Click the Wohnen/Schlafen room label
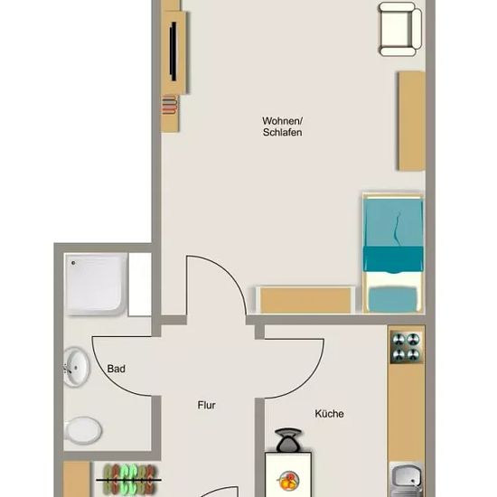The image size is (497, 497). pos(282,127)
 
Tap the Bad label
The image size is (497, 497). pos(116,369)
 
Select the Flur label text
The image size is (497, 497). pos(206,405)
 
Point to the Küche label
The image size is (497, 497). pos(329,413)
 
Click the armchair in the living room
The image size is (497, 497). pos(400,29)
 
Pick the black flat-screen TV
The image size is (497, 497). pos(173,52)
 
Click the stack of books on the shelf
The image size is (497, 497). pos(169,105)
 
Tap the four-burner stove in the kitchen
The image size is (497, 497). pos(406,347)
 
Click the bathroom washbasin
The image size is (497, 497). pos(77,368)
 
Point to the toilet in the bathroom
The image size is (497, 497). pos(82,430)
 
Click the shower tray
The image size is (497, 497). pos(96,284)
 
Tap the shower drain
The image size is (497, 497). pos(73,263)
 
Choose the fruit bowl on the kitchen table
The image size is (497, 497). pos(289,481)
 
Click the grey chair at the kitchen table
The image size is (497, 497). pos(288,440)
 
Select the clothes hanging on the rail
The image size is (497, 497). pos(130,480)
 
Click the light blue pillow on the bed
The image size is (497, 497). pos(393,298)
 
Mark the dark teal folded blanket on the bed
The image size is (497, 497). pos(393,259)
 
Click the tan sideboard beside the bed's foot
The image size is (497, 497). pos(305,300)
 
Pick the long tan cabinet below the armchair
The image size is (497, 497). pos(412,121)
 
